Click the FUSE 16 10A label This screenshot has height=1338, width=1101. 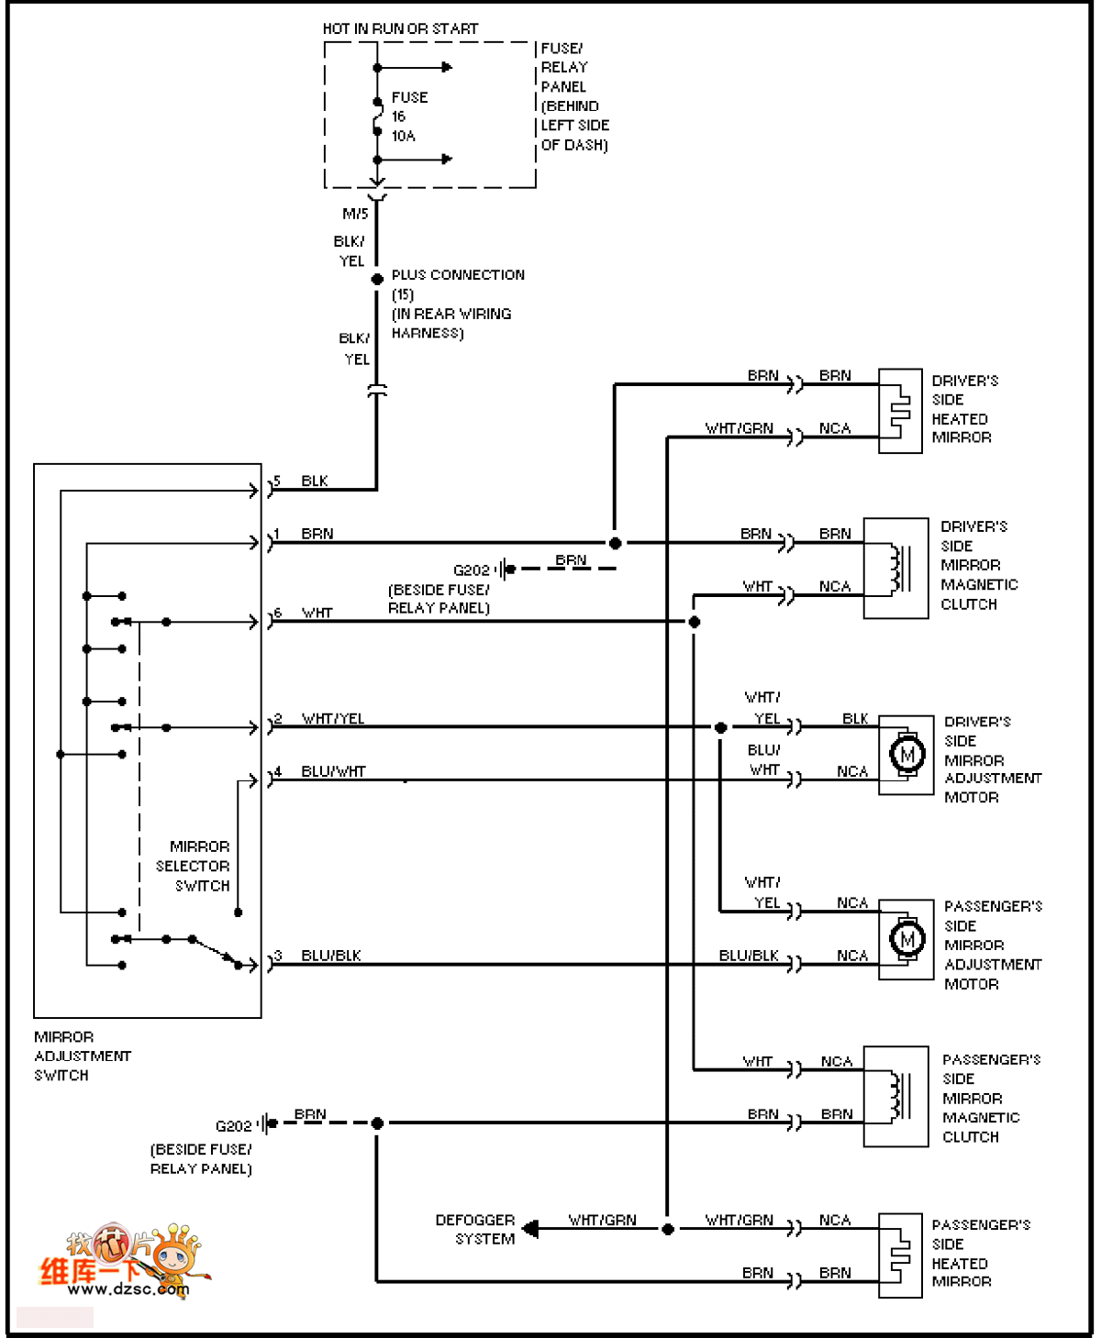[408, 116]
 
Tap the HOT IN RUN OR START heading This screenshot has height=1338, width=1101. [400, 29]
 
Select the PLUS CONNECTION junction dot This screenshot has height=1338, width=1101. [377, 279]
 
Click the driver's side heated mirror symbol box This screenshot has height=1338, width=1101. [899, 411]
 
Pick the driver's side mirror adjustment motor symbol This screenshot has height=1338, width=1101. [906, 756]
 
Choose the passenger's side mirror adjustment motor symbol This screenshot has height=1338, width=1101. [906, 939]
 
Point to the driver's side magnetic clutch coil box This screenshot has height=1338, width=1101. [895, 569]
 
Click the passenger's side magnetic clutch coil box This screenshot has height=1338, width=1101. [895, 1096]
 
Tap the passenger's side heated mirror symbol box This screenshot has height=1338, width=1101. [899, 1255]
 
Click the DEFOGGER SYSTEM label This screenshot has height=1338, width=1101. [475, 1230]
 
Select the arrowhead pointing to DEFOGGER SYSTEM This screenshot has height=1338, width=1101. [530, 1230]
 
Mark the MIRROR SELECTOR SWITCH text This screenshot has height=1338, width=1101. [194, 866]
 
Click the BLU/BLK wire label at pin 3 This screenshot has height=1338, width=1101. [331, 956]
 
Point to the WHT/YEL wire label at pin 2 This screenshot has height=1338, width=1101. [333, 719]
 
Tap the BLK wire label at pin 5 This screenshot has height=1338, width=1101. [315, 481]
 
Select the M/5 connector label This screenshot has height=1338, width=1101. [355, 215]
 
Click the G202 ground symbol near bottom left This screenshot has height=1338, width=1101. [268, 1123]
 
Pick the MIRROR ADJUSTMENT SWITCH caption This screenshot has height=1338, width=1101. [82, 1056]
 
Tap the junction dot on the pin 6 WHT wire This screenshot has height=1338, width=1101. [695, 622]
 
